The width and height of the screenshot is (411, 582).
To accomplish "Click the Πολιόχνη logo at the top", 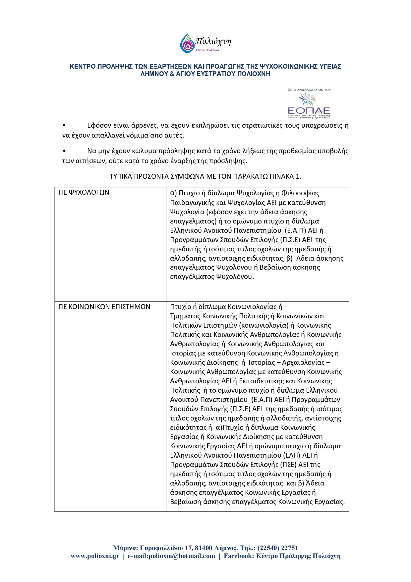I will [205, 42].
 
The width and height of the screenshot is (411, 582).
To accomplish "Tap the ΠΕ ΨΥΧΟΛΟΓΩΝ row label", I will [84, 193].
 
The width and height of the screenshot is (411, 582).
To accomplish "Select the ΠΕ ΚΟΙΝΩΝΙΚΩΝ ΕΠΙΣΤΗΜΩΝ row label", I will [104, 307].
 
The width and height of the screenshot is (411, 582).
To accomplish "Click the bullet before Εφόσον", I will [64, 126].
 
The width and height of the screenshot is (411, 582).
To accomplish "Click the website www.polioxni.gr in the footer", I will [95, 556].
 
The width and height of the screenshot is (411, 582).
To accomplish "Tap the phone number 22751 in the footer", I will [290, 548].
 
